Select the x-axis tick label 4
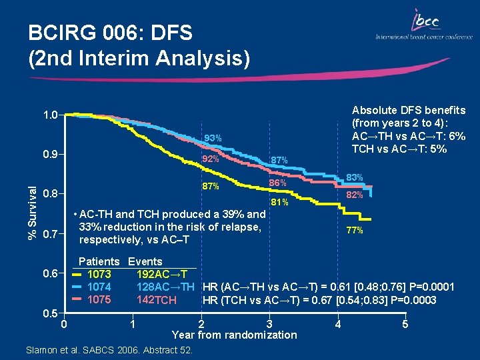click(339, 325)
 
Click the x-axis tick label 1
click(134, 324)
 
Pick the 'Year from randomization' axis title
click(234, 335)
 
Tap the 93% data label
click(213, 139)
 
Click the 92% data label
click(210, 159)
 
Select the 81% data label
click(279, 203)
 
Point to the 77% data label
click(354, 231)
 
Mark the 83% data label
click(354, 177)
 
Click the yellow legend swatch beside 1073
click(77, 275)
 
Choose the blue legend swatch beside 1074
click(77, 287)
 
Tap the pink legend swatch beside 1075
click(77, 300)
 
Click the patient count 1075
click(99, 300)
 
